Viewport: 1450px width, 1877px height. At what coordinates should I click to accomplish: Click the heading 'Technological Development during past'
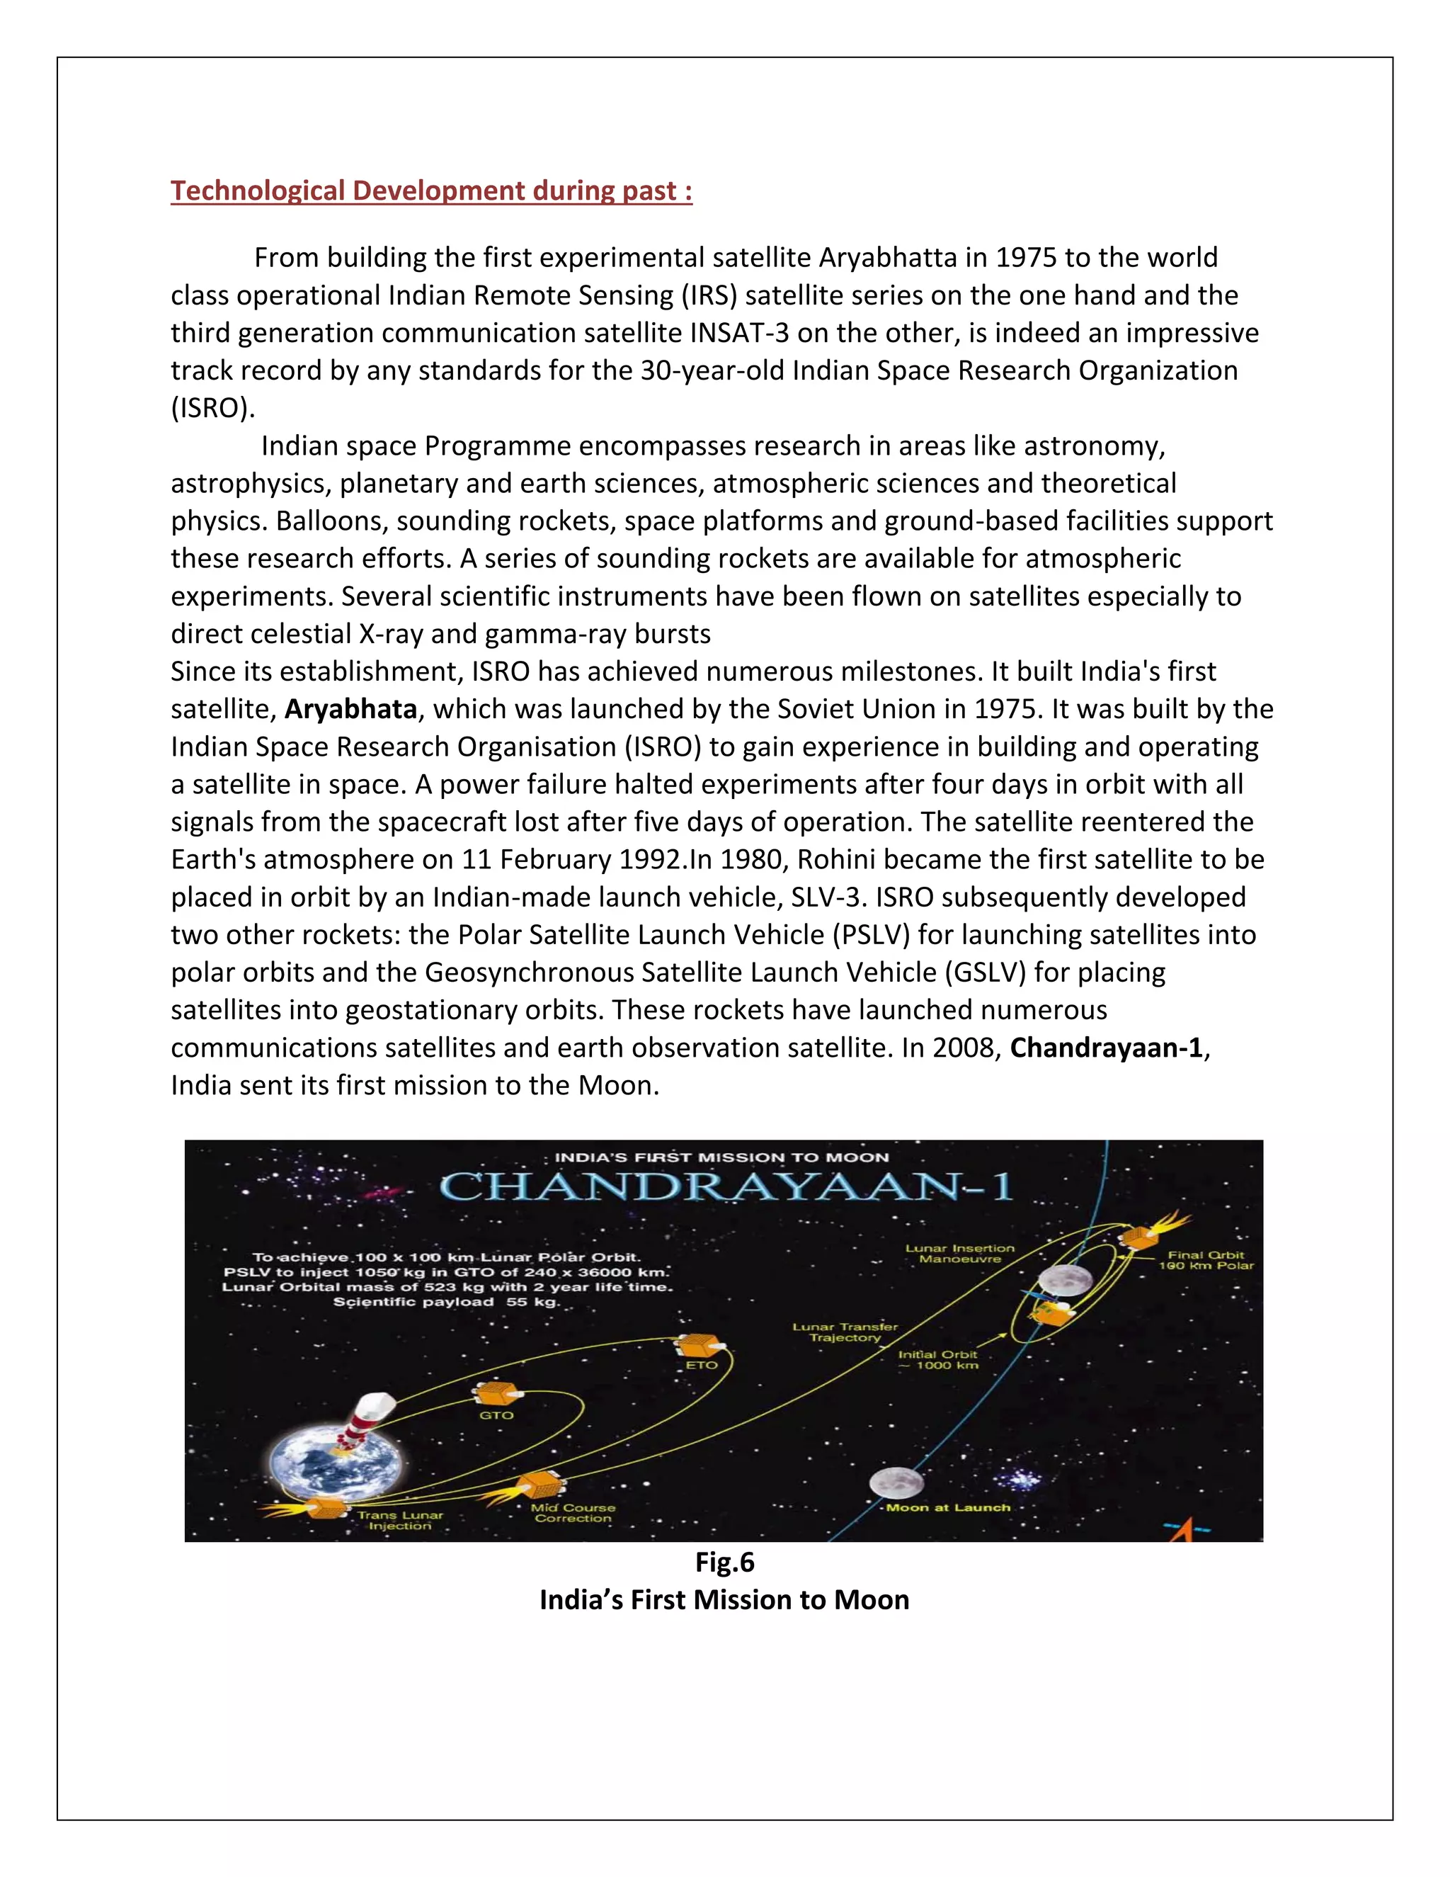(431, 191)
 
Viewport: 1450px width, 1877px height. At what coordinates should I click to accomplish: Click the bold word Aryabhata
(350, 709)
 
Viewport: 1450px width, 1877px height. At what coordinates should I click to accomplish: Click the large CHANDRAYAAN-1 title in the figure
(726, 1188)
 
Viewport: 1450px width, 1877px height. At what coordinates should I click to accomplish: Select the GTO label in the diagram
(496, 1414)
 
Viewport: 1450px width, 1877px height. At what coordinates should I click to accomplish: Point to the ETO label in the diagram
(701, 1365)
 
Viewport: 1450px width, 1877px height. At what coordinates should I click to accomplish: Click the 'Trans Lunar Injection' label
(400, 1520)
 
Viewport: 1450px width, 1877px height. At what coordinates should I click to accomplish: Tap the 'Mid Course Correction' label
(573, 1513)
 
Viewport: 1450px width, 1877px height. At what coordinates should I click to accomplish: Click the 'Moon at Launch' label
(948, 1507)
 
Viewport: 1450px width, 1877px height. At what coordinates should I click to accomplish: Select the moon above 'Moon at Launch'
(895, 1482)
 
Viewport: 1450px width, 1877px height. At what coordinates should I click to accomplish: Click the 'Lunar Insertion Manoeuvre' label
(959, 1253)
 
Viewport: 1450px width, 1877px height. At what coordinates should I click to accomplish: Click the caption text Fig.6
(724, 1562)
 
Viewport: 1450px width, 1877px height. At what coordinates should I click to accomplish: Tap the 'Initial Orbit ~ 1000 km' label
(938, 1360)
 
